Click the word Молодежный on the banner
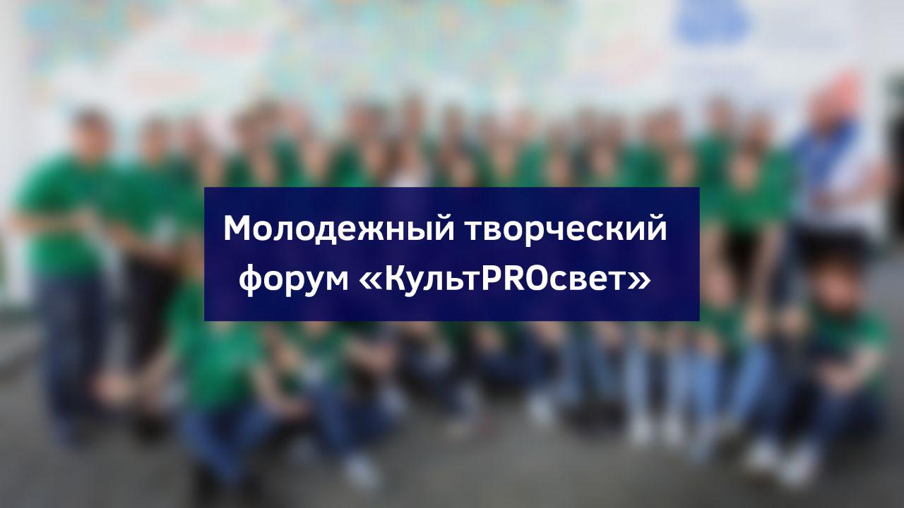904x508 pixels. [x=338, y=229]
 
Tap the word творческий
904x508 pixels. [x=566, y=229]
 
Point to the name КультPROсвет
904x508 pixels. [x=504, y=278]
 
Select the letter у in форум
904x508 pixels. [x=307, y=284]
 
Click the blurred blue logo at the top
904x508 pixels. [x=713, y=21]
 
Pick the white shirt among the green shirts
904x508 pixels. [x=410, y=174]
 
